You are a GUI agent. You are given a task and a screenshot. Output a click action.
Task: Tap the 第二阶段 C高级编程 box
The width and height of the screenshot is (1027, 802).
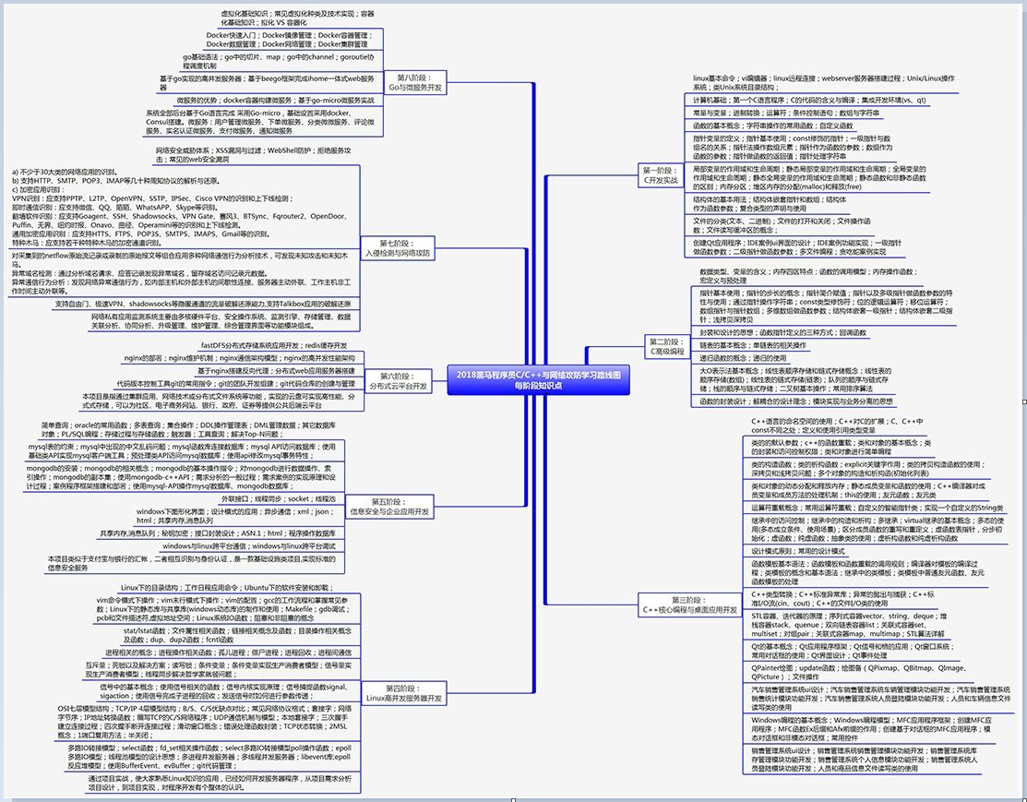pos(666,346)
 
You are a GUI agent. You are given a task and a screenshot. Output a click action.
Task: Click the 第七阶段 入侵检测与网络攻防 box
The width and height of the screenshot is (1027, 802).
pos(399,247)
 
